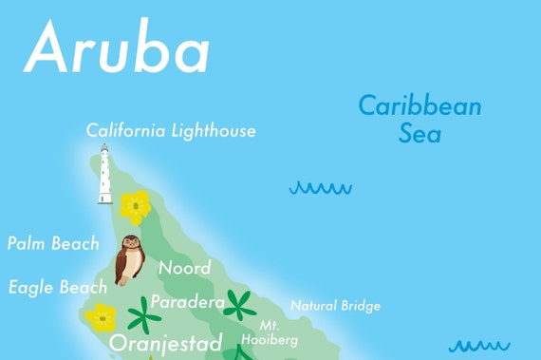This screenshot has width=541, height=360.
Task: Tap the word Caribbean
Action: [x=419, y=106]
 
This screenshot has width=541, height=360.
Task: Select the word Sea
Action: [x=420, y=133]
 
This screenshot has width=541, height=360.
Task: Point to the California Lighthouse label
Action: [x=171, y=131]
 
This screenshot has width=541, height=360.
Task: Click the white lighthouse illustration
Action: [x=104, y=175]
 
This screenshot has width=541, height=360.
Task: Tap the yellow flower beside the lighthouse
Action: [x=136, y=205]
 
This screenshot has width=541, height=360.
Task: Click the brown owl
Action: [x=128, y=261]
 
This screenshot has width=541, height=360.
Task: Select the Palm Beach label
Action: [x=52, y=244]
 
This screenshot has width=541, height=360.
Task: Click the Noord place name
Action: [x=184, y=268]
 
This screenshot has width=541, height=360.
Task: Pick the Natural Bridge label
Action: [x=335, y=306]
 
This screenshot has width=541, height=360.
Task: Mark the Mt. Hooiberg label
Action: [x=270, y=332]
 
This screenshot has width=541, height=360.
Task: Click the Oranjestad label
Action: [x=166, y=342]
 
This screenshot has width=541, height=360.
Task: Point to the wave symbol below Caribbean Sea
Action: [x=320, y=188]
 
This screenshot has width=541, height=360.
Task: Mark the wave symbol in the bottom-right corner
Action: [x=479, y=347]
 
